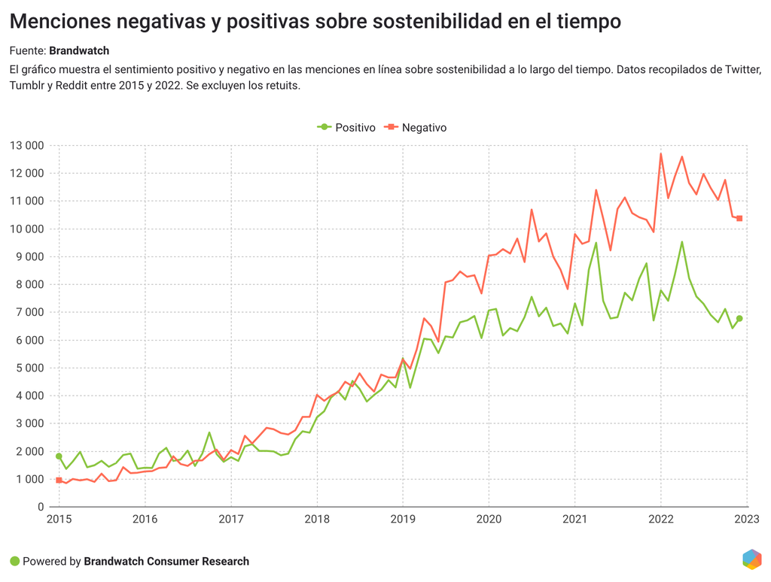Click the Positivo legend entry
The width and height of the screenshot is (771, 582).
tap(346, 128)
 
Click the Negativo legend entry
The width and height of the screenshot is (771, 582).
tap(416, 128)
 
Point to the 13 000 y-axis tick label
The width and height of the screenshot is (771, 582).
tap(26, 145)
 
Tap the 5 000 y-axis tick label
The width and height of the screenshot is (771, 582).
tap(29, 368)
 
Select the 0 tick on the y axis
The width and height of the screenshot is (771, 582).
tap(41, 507)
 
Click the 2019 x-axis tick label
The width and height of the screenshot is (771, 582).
tap(403, 520)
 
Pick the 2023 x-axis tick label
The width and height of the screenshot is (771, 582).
tap(747, 520)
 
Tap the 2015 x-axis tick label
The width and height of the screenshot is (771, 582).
tap(58, 520)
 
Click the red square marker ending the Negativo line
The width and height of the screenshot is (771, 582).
tap(739, 219)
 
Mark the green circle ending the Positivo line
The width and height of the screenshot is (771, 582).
tap(739, 319)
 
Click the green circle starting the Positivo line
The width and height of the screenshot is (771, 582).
tap(59, 456)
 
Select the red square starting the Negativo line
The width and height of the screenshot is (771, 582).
tap(59, 480)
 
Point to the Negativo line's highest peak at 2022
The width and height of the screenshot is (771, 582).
tap(661, 154)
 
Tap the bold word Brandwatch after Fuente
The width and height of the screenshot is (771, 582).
tap(79, 51)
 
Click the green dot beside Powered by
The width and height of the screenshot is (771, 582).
tap(14, 561)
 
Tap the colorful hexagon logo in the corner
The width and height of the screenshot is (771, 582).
tap(751, 559)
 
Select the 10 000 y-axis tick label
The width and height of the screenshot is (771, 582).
tap(26, 229)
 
